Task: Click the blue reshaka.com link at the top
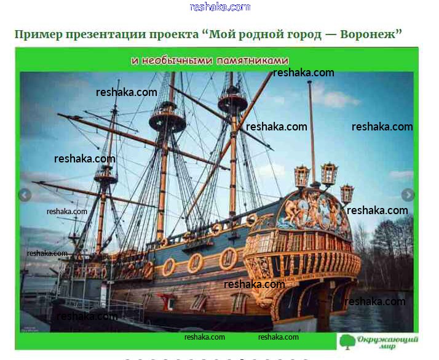(x=219, y=7)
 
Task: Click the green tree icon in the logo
(x=347, y=342)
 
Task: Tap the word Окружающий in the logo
(x=387, y=340)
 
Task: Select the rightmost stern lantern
(x=347, y=193)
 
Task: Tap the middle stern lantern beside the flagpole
(x=329, y=174)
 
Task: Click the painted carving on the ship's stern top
(x=313, y=210)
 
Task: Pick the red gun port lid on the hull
(x=167, y=301)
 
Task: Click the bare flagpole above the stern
(x=312, y=132)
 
